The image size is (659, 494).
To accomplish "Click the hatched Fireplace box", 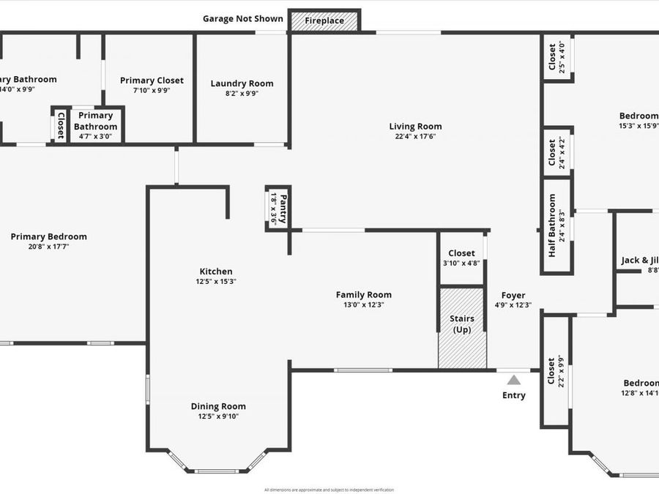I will point(324,20).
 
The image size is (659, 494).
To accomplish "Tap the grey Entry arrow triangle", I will point(514,380).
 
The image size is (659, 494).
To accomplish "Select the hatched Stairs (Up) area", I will point(461,327).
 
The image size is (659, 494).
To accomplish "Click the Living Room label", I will point(415,126).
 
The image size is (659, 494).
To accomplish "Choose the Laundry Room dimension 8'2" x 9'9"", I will point(242,93).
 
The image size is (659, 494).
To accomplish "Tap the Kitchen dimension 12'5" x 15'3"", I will point(216,281).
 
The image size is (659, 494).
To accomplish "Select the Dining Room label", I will point(218,406).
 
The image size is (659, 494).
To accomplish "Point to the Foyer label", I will point(513,296).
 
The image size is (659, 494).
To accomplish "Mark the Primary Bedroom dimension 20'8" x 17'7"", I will point(48,247).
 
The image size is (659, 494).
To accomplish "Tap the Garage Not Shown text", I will point(242,19).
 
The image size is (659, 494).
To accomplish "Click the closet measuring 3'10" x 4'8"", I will point(461,258).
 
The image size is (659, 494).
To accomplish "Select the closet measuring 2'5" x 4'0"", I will point(556,57).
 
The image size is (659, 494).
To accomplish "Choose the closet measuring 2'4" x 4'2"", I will point(556,153).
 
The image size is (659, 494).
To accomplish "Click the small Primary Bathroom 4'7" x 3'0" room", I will point(97,125).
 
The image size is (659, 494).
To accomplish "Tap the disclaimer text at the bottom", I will point(329,489).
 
